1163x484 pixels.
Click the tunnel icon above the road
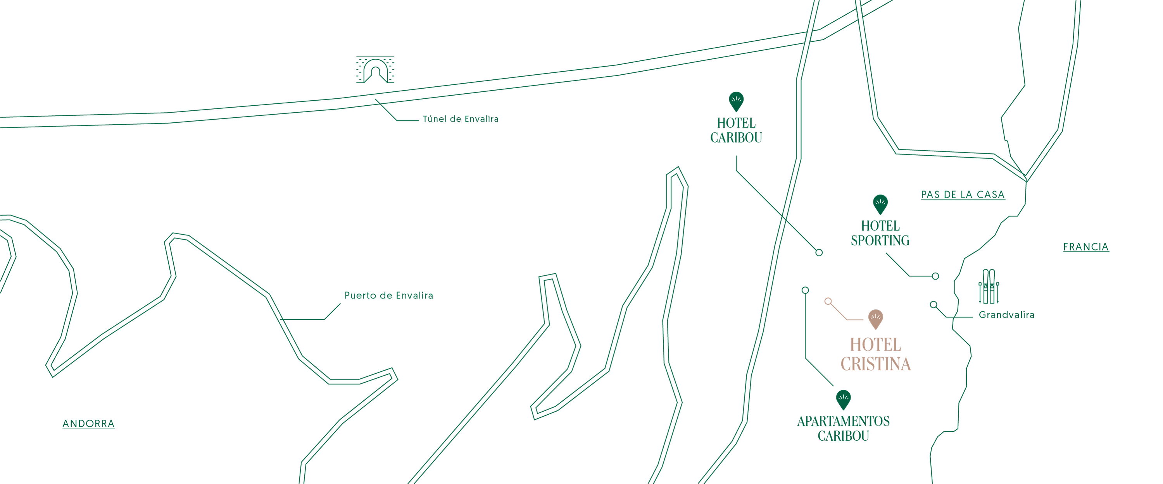click(x=375, y=70)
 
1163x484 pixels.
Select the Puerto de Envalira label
click(x=389, y=295)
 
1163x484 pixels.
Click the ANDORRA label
click(x=88, y=424)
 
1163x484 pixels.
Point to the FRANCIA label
click(x=1085, y=247)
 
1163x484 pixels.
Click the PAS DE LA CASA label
click(x=963, y=194)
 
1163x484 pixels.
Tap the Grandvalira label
click(x=1006, y=315)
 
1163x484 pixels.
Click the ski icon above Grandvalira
click(x=988, y=287)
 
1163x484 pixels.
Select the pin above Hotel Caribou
click(x=736, y=101)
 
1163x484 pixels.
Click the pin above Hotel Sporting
click(x=880, y=204)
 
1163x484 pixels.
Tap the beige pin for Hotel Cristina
click(x=875, y=318)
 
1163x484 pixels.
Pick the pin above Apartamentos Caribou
click(x=843, y=399)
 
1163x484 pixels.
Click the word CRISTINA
click(x=875, y=364)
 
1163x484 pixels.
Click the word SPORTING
click(x=880, y=240)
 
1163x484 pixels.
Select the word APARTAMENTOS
click(x=843, y=421)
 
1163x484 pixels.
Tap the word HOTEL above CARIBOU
click(x=736, y=123)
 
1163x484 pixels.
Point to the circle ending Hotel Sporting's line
click(x=935, y=276)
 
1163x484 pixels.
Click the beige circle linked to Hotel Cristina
click(x=828, y=301)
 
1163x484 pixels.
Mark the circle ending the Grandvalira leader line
click(x=933, y=304)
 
